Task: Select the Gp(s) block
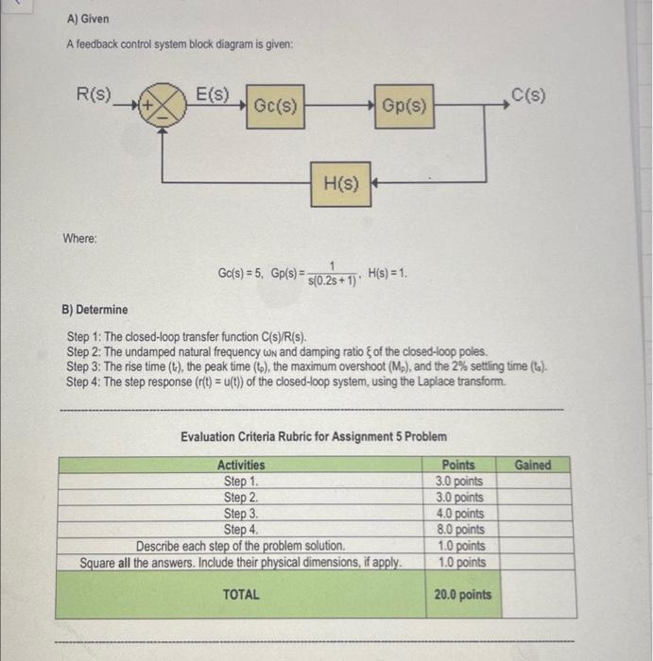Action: click(x=405, y=109)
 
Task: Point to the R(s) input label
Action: click(x=95, y=94)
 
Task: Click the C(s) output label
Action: click(x=528, y=94)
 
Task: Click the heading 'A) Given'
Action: click(x=88, y=19)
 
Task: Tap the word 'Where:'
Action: click(x=80, y=238)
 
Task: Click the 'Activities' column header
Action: click(x=241, y=465)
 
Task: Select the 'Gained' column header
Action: click(x=533, y=465)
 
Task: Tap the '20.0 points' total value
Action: click(x=462, y=594)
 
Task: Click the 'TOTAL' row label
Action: click(x=241, y=594)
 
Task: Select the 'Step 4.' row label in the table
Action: click(x=241, y=530)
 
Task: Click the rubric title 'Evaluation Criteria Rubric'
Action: click(x=313, y=437)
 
